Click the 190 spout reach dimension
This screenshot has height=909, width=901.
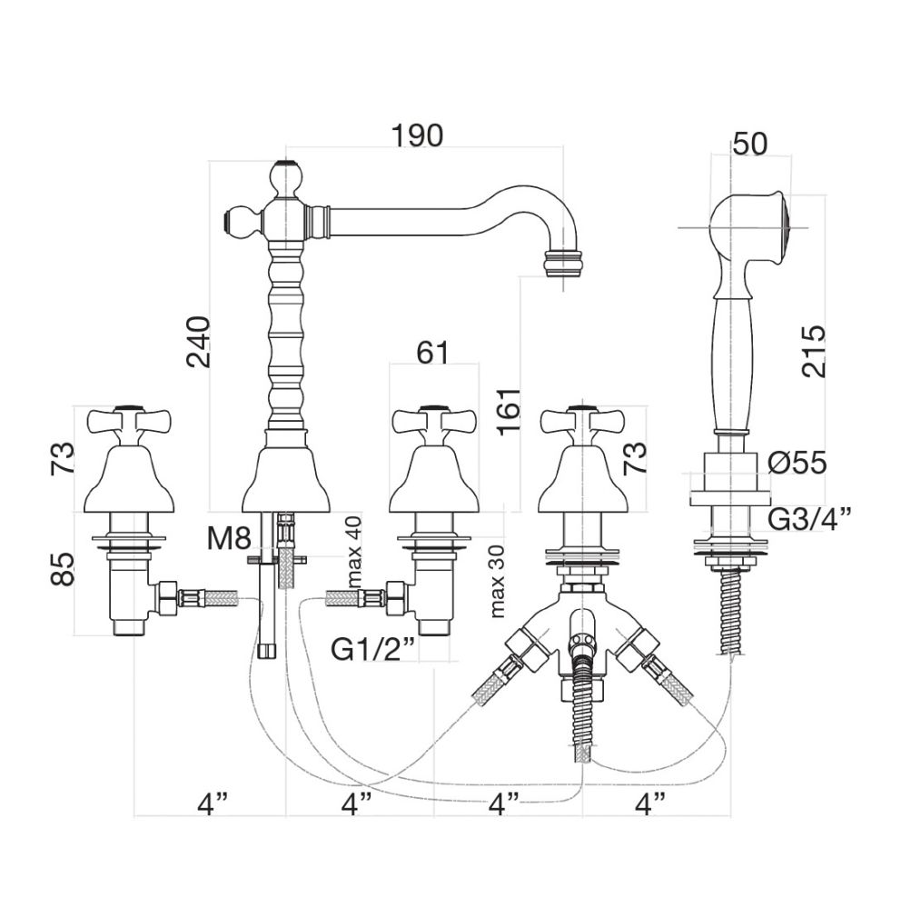(418, 135)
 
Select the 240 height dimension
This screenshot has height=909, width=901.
(200, 341)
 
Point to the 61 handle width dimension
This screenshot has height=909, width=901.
(432, 353)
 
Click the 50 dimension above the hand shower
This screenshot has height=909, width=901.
(750, 143)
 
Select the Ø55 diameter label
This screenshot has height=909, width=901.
(796, 464)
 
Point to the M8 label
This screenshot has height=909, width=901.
(227, 538)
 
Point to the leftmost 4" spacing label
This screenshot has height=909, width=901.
(212, 804)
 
